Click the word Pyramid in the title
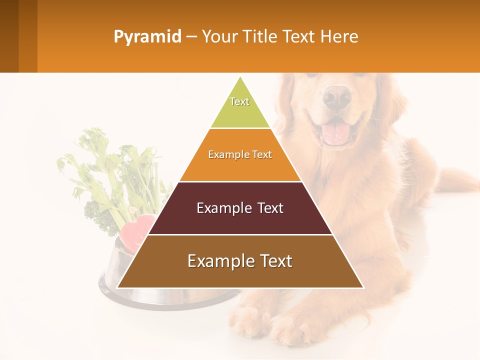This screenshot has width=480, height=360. (x=147, y=37)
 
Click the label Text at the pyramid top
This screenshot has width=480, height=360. (x=239, y=101)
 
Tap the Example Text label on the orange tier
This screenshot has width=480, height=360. (x=240, y=154)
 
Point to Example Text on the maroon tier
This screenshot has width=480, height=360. (x=240, y=208)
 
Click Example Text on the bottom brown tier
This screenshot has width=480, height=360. (x=240, y=261)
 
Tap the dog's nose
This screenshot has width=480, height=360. (x=336, y=96)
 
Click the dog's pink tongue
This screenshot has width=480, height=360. (x=335, y=133)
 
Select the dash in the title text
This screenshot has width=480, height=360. (x=191, y=37)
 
